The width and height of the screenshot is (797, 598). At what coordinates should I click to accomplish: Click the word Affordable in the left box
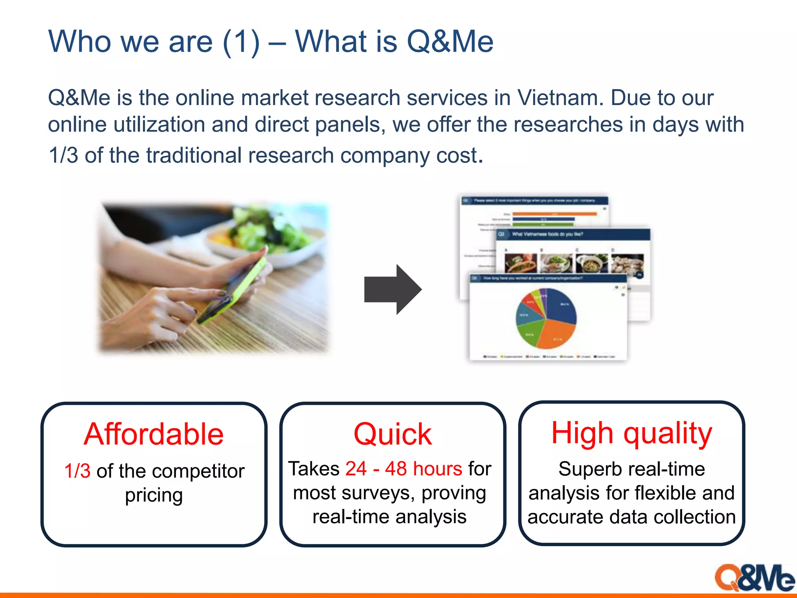click(154, 434)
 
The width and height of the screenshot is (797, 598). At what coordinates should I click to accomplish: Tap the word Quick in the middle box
click(392, 434)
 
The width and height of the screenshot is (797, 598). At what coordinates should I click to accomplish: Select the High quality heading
click(631, 433)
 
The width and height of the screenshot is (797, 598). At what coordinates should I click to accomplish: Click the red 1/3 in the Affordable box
click(77, 471)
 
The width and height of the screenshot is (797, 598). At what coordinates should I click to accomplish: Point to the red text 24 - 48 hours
click(404, 468)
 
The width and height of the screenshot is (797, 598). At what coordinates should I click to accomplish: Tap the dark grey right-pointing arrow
click(392, 289)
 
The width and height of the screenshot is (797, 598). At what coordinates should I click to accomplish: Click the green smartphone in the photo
click(233, 290)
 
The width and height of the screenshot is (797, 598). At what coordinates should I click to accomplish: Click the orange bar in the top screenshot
click(554, 214)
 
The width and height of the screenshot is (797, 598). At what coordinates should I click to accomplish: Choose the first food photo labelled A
click(520, 263)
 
